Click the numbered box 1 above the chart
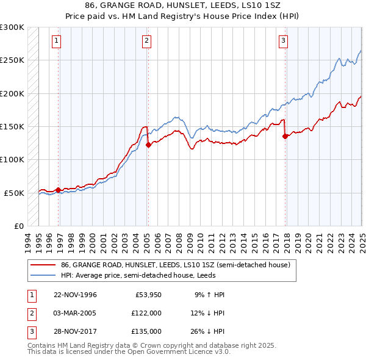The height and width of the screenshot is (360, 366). click(x=56, y=41)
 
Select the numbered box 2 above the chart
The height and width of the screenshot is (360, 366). click(x=147, y=41)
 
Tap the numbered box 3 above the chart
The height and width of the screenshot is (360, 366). click(x=284, y=41)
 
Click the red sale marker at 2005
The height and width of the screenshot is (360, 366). click(x=148, y=145)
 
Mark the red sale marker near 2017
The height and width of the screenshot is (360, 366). click(x=285, y=137)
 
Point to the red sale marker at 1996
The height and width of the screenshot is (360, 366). click(x=58, y=190)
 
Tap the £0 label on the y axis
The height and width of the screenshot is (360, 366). click(x=18, y=226)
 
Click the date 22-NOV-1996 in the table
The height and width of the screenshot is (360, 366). click(x=75, y=295)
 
